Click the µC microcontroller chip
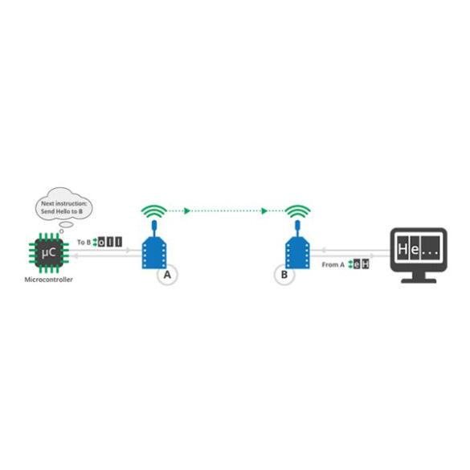[x=49, y=253]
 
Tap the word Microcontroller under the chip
[x=48, y=280]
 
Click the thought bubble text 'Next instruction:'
[x=63, y=203]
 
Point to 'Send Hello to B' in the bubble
[x=62, y=211]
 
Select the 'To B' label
[x=84, y=242]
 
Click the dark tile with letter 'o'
[x=101, y=242]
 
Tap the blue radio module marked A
[x=154, y=248]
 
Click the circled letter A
[x=167, y=275]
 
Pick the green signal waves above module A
[x=154, y=211]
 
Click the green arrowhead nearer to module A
[x=187, y=211]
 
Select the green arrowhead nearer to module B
[x=264, y=211]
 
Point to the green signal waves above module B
[x=297, y=211]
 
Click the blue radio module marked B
[x=297, y=248]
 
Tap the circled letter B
[x=284, y=275]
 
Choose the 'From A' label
[x=333, y=265]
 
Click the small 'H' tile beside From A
[x=366, y=264]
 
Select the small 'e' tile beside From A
[x=357, y=264]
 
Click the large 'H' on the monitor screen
[x=403, y=249]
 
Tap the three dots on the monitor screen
[x=430, y=254]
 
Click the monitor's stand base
[x=419, y=281]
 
